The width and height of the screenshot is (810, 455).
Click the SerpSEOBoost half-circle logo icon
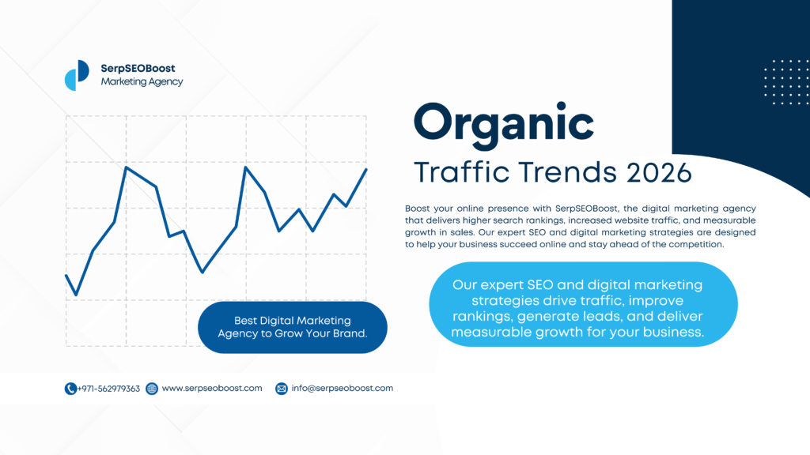pos(77,75)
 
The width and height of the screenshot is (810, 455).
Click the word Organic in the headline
pos(504,124)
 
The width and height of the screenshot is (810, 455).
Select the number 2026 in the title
pos(659,172)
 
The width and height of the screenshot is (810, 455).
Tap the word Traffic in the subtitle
pos(462,171)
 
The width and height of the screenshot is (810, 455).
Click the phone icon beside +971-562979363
pos(70,389)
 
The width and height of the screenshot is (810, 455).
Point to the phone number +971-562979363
pos(108,389)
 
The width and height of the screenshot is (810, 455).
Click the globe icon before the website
pos(152,389)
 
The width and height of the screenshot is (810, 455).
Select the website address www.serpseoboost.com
pos(212,389)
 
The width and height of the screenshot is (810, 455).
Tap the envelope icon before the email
pos(282,389)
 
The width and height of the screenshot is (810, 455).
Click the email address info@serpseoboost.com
pos(342,389)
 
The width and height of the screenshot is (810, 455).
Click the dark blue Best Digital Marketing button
pos(293,327)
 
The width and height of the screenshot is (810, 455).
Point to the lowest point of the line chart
pos(76,295)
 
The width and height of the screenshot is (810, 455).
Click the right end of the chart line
pos(366,169)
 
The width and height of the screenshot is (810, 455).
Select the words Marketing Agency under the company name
pos(142,81)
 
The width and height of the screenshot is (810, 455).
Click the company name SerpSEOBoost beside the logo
pos(138,68)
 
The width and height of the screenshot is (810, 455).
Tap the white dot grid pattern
pos(787,82)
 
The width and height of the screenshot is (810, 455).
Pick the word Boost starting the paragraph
pos(418,209)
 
